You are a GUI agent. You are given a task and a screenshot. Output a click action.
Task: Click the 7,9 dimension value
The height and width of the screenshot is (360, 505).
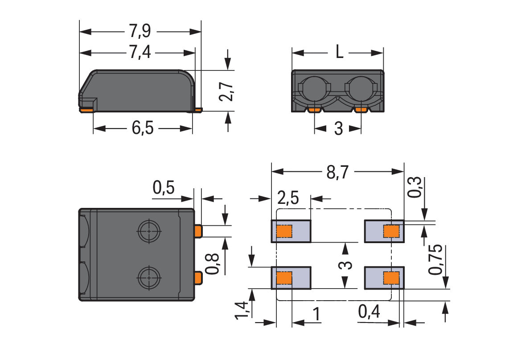point(140,31)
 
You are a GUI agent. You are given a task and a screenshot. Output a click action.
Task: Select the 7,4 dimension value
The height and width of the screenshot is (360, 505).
point(140,52)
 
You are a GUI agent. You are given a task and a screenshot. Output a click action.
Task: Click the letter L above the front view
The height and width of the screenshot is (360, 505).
point(339,52)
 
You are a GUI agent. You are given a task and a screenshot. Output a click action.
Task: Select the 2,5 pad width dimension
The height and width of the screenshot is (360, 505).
point(288,198)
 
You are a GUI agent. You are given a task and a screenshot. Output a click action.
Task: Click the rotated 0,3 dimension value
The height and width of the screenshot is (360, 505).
point(414,187)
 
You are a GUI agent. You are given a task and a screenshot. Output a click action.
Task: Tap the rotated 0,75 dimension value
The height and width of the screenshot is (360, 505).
point(435,260)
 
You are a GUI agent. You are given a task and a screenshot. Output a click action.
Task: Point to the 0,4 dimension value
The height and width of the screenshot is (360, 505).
point(369,312)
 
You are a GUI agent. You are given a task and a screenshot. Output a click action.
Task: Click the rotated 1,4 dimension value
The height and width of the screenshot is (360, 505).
point(242,310)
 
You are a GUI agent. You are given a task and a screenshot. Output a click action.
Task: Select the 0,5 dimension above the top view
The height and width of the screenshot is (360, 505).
point(164,187)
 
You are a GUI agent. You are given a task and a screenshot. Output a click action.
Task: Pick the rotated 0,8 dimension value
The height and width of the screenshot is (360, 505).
point(213,264)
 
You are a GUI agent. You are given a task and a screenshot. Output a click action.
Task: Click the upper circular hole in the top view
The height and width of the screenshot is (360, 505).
point(149,232)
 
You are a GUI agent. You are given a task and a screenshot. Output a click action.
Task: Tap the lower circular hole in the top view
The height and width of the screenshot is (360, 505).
point(149,278)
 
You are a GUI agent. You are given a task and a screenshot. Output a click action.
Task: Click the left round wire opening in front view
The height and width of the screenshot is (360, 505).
point(315,89)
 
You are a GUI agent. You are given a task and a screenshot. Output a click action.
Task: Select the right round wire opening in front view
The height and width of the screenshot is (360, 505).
point(361,89)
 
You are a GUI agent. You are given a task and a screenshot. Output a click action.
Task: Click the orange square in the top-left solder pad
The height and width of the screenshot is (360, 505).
point(284,232)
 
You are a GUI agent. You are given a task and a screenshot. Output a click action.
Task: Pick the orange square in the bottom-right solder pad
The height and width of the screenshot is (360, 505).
point(391,278)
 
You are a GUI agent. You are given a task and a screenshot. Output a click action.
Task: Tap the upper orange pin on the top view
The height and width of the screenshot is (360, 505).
point(198,232)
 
